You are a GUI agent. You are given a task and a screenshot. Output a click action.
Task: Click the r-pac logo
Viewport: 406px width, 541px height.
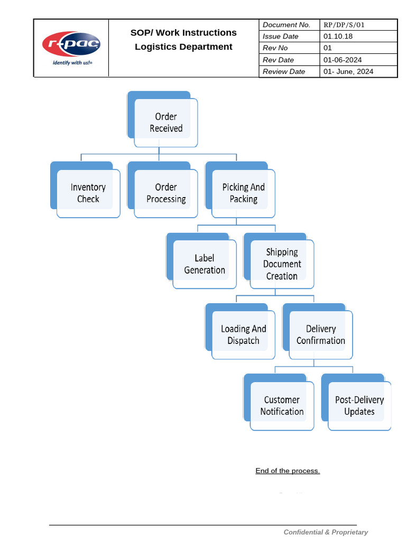click(71, 44)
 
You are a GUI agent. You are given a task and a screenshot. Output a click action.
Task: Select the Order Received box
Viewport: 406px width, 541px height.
click(165, 123)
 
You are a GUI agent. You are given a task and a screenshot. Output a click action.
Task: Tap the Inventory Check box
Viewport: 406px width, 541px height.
click(88, 193)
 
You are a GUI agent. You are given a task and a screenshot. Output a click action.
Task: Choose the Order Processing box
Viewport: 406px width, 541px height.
click(166, 193)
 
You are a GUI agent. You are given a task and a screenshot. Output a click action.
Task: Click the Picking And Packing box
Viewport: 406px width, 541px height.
click(243, 193)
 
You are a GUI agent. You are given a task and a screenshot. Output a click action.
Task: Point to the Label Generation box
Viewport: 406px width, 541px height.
click(205, 264)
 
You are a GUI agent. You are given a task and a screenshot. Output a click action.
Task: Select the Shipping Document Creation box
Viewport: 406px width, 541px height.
click(282, 264)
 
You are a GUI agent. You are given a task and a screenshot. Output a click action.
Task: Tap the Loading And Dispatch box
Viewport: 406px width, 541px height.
click(243, 335)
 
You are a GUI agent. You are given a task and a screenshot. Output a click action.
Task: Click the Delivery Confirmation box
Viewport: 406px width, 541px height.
click(320, 335)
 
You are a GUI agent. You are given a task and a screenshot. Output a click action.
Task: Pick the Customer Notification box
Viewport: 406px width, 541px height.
click(282, 406)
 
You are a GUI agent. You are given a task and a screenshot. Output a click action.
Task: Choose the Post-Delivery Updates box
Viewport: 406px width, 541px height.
click(359, 406)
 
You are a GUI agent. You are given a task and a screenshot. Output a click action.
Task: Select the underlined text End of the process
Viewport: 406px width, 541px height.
click(288, 471)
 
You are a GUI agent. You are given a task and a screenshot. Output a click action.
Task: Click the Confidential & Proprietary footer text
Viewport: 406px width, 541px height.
click(326, 532)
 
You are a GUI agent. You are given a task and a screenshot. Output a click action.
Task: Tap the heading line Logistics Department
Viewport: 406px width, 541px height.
click(183, 46)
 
